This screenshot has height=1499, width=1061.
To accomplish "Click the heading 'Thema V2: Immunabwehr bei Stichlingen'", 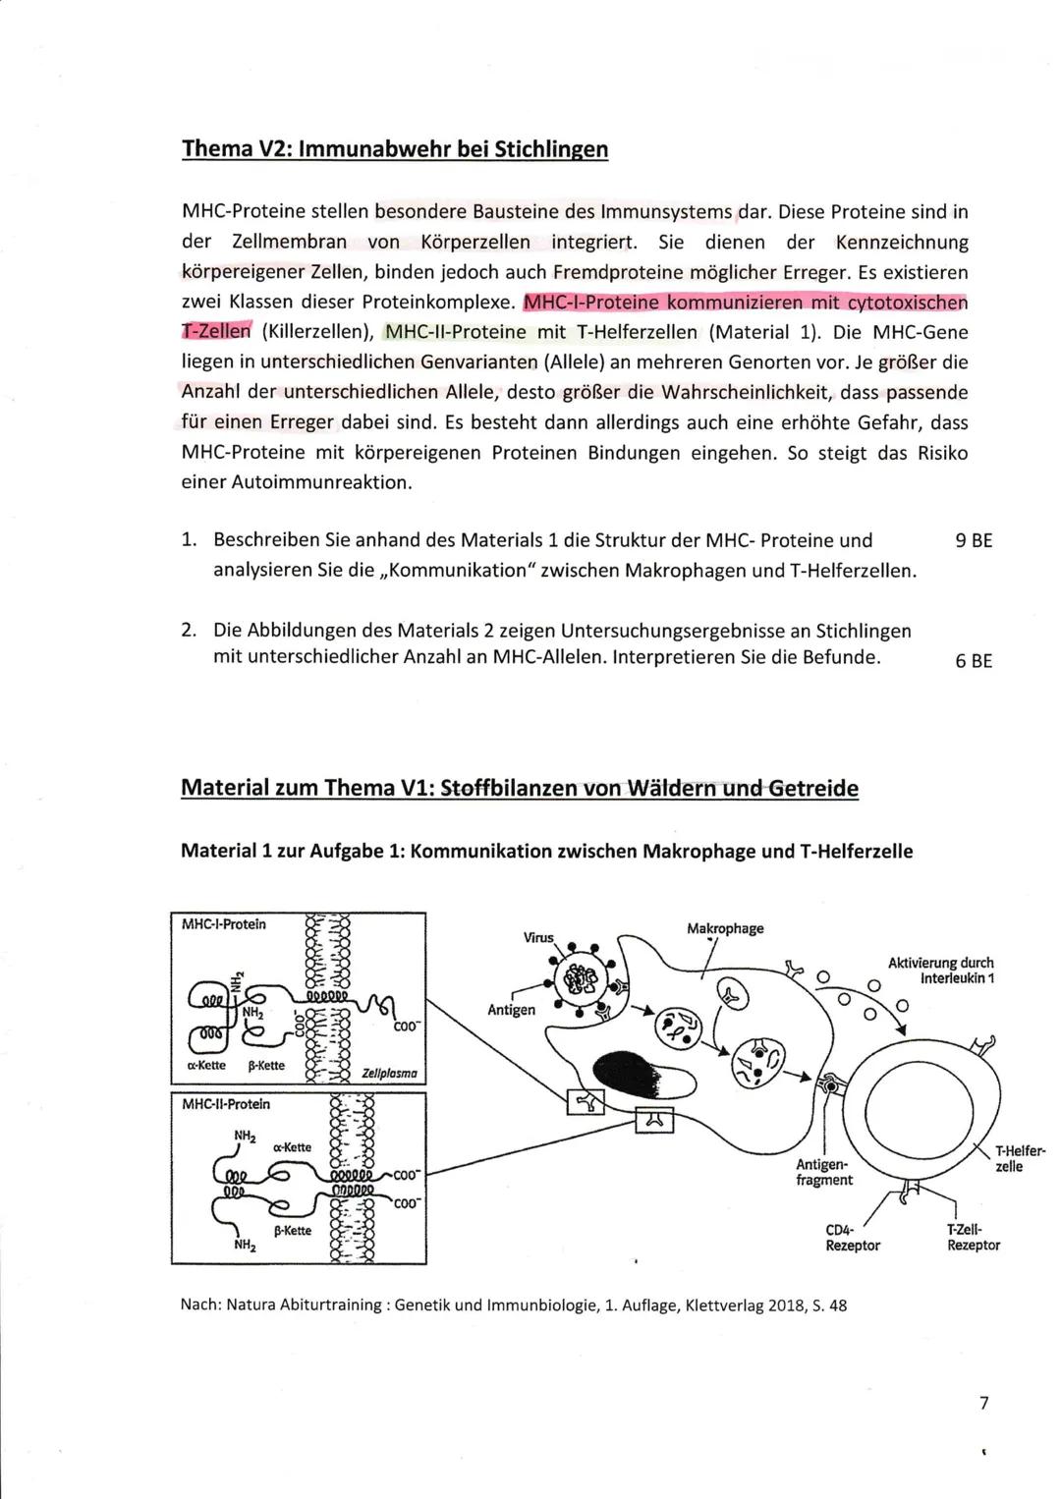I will [395, 149].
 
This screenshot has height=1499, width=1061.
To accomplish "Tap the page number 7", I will [983, 1403].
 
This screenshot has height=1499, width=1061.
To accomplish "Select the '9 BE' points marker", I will [973, 540].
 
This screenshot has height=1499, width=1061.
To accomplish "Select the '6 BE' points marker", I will [973, 660].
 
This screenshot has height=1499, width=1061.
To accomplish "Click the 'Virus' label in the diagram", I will [537, 937].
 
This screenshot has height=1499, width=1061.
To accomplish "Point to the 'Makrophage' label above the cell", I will [724, 928].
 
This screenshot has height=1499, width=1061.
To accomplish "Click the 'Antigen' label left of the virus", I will [511, 1010].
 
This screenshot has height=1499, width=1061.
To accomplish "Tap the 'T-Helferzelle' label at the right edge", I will [1020, 1158].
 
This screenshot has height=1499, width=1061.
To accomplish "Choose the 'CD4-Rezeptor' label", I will [852, 1237].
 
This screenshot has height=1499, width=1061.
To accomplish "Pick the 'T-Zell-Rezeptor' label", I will [973, 1237].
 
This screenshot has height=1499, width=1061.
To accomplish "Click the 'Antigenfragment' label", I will [823, 1172].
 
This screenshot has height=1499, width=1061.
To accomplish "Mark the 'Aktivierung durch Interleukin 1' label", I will [940, 971].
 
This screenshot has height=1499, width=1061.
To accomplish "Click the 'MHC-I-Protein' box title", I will [224, 924].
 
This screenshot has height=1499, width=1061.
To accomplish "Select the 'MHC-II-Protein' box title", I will [226, 1104].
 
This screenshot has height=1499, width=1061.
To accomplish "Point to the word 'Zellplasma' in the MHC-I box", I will [389, 1074].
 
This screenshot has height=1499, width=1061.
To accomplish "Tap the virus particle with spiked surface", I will [586, 978].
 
